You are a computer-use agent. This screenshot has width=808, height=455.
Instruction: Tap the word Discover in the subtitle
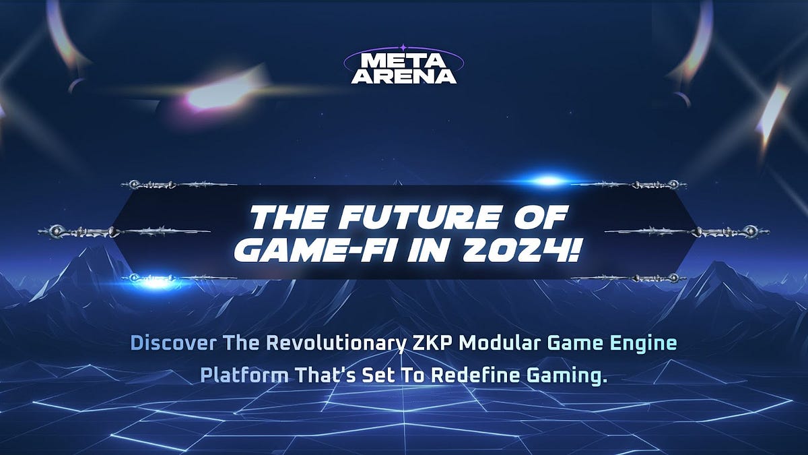point(173,344)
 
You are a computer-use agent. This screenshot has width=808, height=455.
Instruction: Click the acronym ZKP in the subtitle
point(430,344)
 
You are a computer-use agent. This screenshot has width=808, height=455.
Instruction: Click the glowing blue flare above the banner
point(549,181)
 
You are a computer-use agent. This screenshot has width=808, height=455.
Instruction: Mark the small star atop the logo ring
point(403,48)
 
